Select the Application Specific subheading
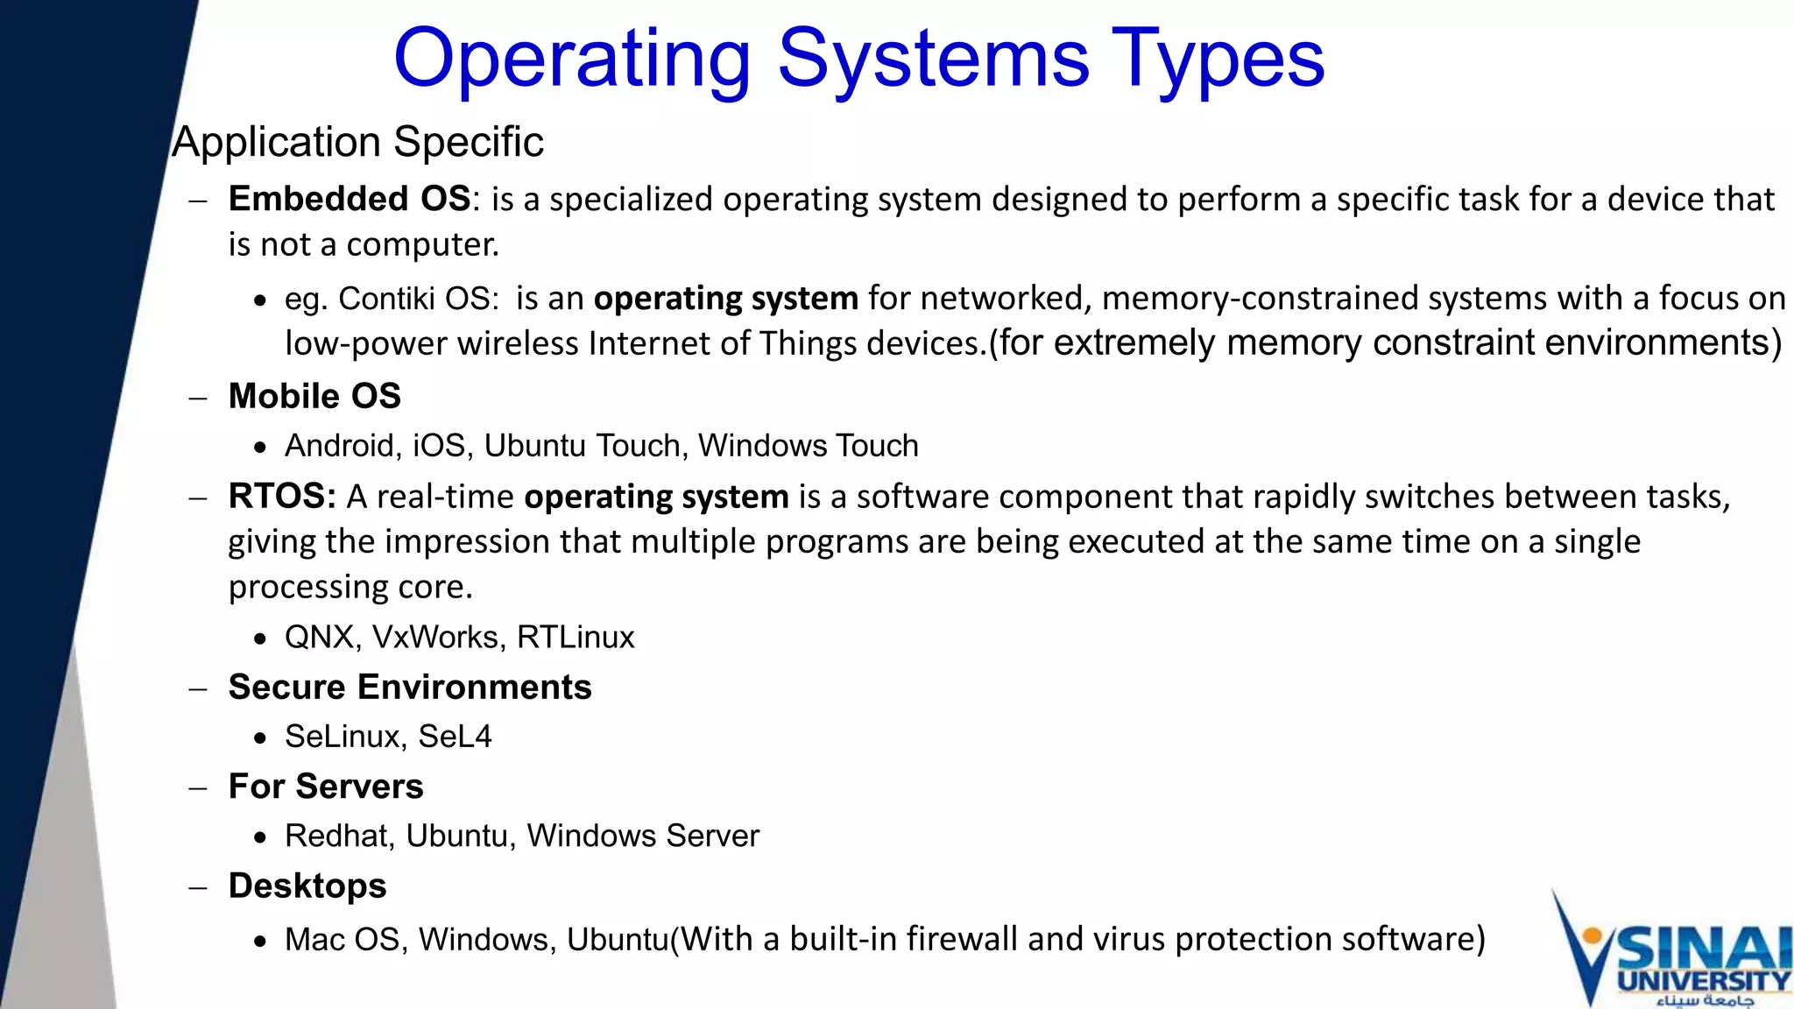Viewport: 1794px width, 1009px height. (357, 142)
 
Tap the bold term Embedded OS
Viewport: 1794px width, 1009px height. (350, 199)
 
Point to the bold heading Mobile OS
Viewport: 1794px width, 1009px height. (314, 396)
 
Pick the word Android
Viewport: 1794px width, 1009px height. (338, 446)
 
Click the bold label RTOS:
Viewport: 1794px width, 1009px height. (282, 497)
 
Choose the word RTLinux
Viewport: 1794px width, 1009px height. (576, 637)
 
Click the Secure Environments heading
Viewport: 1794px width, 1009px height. (410, 687)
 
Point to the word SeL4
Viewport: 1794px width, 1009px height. (455, 737)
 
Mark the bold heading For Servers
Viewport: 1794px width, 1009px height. (326, 787)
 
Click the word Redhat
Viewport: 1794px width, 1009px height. (338, 836)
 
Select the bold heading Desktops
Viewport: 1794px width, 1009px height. (307, 886)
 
